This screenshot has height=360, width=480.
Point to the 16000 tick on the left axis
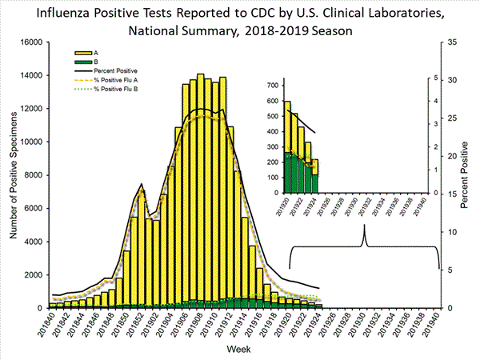pos(28,42)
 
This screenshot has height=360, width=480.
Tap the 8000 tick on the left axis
pos(30,175)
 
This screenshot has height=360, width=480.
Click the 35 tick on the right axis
pos(453,42)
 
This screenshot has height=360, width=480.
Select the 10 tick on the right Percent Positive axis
pos(453,232)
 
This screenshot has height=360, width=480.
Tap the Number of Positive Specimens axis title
pos(14,175)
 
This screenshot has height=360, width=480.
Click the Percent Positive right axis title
pos(467,175)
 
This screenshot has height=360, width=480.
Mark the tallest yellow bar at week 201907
pos(200,192)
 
